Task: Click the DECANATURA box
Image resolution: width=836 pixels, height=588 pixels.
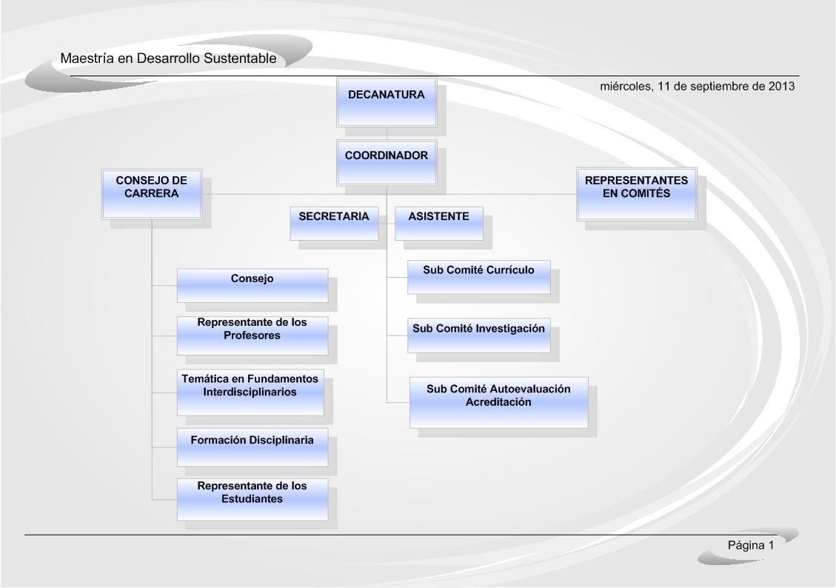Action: (x=387, y=102)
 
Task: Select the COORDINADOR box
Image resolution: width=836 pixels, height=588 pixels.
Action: (x=387, y=163)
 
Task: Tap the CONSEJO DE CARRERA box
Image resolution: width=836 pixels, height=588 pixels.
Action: (x=151, y=194)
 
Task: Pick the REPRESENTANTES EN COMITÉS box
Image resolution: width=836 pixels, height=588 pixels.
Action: (x=637, y=194)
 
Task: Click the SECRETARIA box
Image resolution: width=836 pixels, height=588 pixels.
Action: (x=334, y=224)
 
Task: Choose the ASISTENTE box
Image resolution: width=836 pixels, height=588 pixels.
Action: (x=439, y=224)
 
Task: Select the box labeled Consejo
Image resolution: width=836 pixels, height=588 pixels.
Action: (x=253, y=286)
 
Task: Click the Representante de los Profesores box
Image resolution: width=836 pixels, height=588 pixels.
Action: (x=253, y=336)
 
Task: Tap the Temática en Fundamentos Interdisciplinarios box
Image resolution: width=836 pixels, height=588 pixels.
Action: (x=250, y=392)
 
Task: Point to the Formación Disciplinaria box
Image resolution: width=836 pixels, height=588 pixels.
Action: (x=253, y=447)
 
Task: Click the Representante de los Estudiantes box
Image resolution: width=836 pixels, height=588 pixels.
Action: (x=253, y=500)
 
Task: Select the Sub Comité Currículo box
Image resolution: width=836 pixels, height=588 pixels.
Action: (x=479, y=277)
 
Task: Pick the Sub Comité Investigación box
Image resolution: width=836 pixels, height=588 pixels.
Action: (x=479, y=336)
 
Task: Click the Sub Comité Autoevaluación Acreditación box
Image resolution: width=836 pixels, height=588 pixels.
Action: (x=498, y=402)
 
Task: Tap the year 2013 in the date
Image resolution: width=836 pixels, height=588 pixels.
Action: (x=781, y=87)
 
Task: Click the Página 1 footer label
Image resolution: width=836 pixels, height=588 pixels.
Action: (x=751, y=545)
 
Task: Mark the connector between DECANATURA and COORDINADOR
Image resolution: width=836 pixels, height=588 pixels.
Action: (x=387, y=133)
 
